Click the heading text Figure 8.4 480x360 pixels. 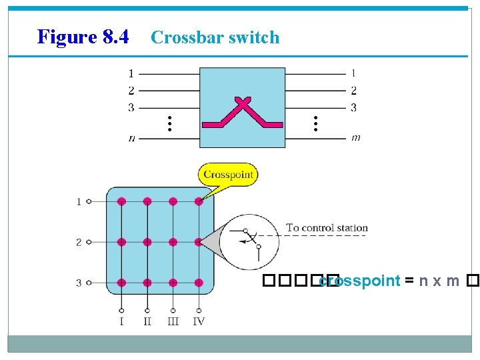click(83, 37)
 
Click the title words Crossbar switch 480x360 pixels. click(215, 37)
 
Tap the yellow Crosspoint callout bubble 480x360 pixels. click(227, 175)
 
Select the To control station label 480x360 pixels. click(327, 228)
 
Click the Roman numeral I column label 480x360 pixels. click(121, 322)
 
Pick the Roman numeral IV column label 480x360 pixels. click(199, 322)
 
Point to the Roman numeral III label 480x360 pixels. click(173, 322)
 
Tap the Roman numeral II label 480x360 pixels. click(147, 322)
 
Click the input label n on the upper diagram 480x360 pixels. click(131, 139)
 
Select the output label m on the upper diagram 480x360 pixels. click(356, 138)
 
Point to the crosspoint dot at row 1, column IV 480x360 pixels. click(199, 201)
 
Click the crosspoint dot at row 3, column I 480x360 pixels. click(121, 283)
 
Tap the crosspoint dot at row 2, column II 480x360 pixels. click(147, 242)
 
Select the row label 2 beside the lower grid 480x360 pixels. click(79, 242)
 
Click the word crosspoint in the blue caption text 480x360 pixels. click(359, 281)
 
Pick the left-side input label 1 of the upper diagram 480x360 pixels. click(131, 73)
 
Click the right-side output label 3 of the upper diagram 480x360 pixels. click(353, 107)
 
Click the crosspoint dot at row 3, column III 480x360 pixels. click(173, 283)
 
